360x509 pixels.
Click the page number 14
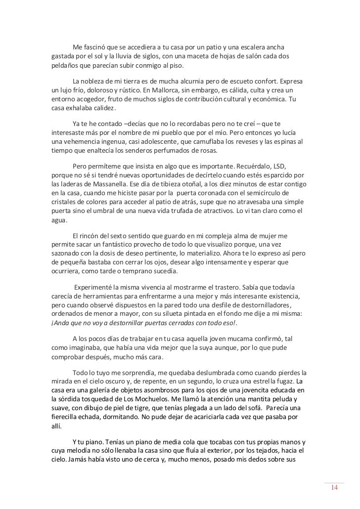tap(334, 488)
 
